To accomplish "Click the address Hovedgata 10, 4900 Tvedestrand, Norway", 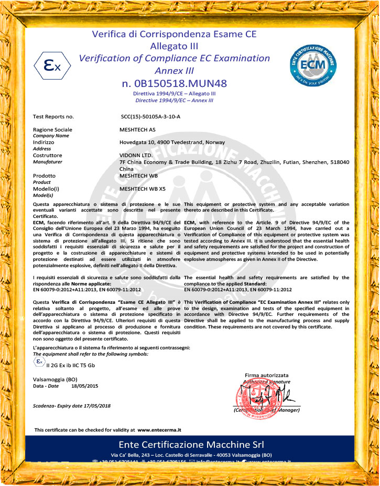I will pos(172,142).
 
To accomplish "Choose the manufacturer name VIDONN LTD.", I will pos(136,156).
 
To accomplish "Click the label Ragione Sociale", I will pos(53,129).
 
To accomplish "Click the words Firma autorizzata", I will pos(266,375).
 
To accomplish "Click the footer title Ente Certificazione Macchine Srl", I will pos(190,445).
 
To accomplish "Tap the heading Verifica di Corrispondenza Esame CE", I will pos(174,35).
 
